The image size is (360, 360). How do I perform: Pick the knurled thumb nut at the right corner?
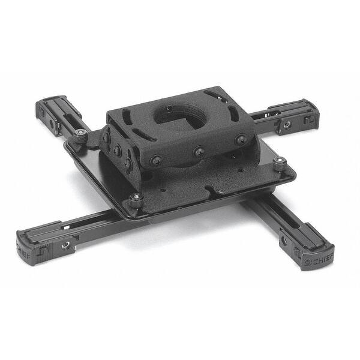click(x=280, y=164)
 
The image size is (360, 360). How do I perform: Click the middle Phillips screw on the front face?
click(x=199, y=152)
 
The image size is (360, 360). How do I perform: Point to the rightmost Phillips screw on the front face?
click(x=241, y=139)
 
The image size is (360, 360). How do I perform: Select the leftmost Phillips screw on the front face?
click(x=157, y=161)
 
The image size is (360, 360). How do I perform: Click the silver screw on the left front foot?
click(x=65, y=245)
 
